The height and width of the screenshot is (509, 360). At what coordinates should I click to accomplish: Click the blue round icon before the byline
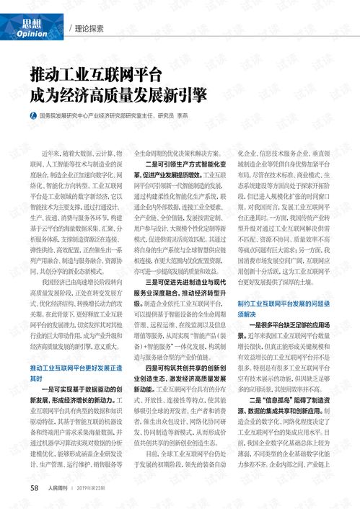[32, 115]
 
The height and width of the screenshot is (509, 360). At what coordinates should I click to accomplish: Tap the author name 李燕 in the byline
[203, 115]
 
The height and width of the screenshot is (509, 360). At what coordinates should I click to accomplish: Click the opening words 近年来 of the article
[51, 135]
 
